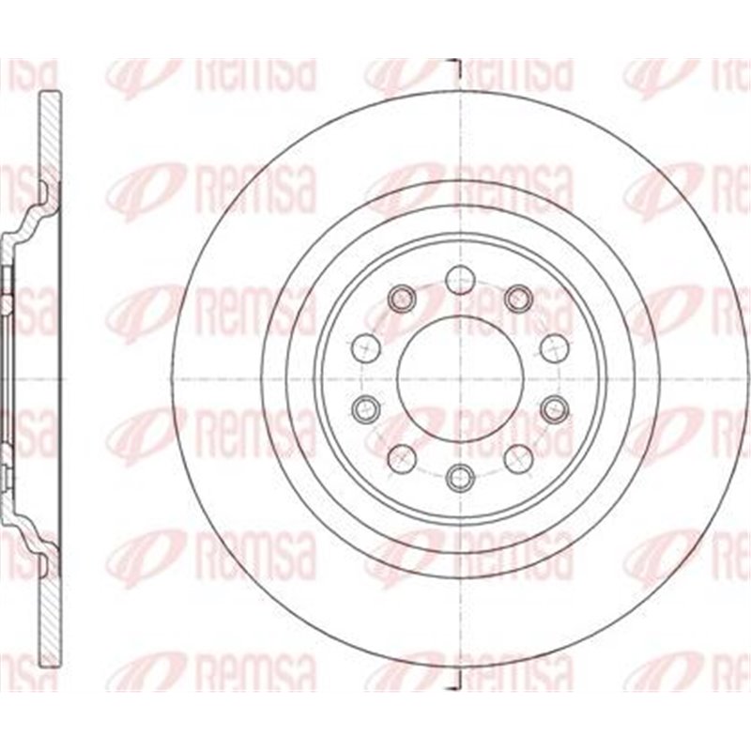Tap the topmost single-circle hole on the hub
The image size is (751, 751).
(x=458, y=278)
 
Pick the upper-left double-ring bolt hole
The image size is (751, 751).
(x=402, y=298)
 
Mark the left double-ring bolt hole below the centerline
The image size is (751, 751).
(x=364, y=407)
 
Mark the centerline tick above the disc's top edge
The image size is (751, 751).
(x=457, y=68)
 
